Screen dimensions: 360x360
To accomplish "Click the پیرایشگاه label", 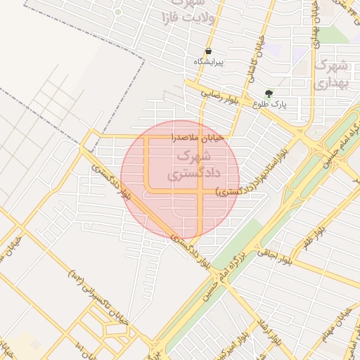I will pyautogui.click(x=209, y=63).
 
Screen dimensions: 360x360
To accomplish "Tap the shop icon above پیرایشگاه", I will pyautogui.click(x=209, y=51).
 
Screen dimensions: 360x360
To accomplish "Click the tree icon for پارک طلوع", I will pyautogui.click(x=269, y=93).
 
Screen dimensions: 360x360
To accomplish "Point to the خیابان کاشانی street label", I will pyautogui.click(x=255, y=60).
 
